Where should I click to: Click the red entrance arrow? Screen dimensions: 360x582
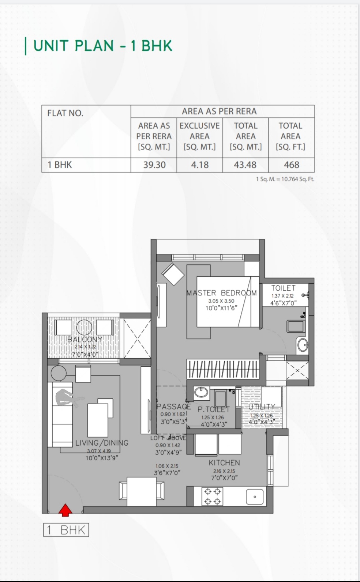[x=65, y=510]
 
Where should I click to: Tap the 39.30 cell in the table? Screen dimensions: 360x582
[x=154, y=165]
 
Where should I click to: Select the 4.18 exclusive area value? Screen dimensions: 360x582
[x=200, y=165]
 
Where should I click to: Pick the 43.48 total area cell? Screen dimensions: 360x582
[x=245, y=165]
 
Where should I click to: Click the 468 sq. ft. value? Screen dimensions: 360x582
[x=291, y=165]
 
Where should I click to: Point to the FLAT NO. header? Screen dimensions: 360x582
[x=65, y=113]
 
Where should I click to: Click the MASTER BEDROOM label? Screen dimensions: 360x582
[x=221, y=293]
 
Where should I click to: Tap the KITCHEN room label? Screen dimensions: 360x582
[x=224, y=463]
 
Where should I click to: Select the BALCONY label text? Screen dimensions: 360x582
[x=85, y=339]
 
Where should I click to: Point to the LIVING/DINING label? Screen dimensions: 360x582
[x=102, y=443]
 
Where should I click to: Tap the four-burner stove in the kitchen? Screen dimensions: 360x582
[x=212, y=496]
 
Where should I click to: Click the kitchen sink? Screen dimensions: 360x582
[x=255, y=497]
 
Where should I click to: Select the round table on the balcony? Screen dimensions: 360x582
[x=84, y=327]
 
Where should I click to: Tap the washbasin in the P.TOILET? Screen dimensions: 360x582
[x=201, y=392]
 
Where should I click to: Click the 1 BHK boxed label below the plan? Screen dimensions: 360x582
[x=66, y=530]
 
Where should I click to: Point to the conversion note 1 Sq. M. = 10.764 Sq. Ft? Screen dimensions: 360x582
[x=285, y=179]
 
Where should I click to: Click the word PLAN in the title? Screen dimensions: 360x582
[x=94, y=46]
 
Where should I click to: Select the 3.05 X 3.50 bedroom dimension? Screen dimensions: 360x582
[x=221, y=301]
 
